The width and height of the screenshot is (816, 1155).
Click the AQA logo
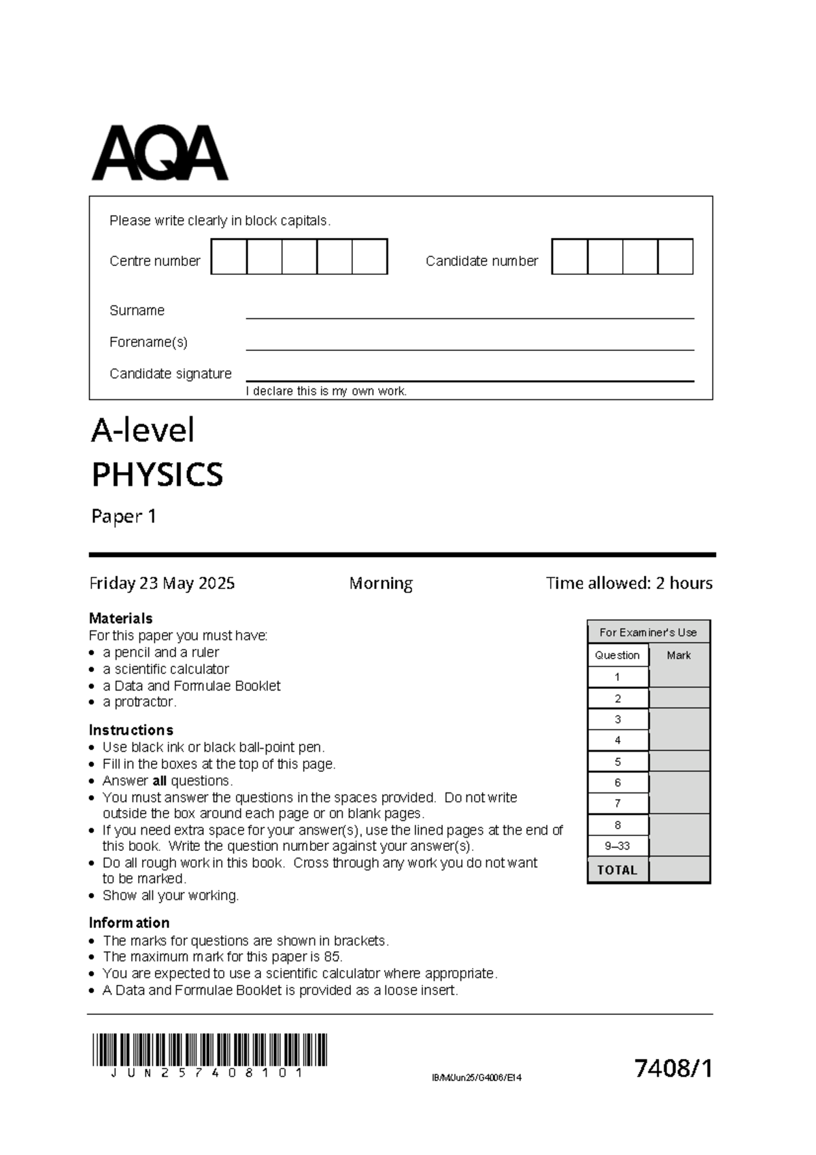(x=160, y=153)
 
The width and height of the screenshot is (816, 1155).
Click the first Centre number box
(x=229, y=256)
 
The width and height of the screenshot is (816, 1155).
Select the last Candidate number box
(x=676, y=256)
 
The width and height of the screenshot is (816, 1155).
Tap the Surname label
(x=137, y=310)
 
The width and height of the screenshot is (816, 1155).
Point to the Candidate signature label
(x=170, y=373)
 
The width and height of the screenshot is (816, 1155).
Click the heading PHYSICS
(x=157, y=475)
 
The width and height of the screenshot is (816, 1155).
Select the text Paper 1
(x=124, y=516)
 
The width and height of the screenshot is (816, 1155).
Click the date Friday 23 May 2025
(x=162, y=583)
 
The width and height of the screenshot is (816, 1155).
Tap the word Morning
(x=381, y=583)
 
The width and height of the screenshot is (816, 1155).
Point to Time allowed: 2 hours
(x=629, y=583)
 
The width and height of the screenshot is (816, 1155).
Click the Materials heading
(x=120, y=618)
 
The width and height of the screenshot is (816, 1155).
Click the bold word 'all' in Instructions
(x=159, y=781)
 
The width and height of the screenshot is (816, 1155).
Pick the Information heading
(x=129, y=923)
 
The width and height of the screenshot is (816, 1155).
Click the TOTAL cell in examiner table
(x=617, y=870)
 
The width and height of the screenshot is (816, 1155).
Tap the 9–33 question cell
(x=617, y=846)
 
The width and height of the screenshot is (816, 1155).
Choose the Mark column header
(x=679, y=655)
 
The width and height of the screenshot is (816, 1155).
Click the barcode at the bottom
(x=209, y=1050)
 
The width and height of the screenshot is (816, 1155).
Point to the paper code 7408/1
(x=673, y=1069)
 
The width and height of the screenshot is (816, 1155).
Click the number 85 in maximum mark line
(x=332, y=957)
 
